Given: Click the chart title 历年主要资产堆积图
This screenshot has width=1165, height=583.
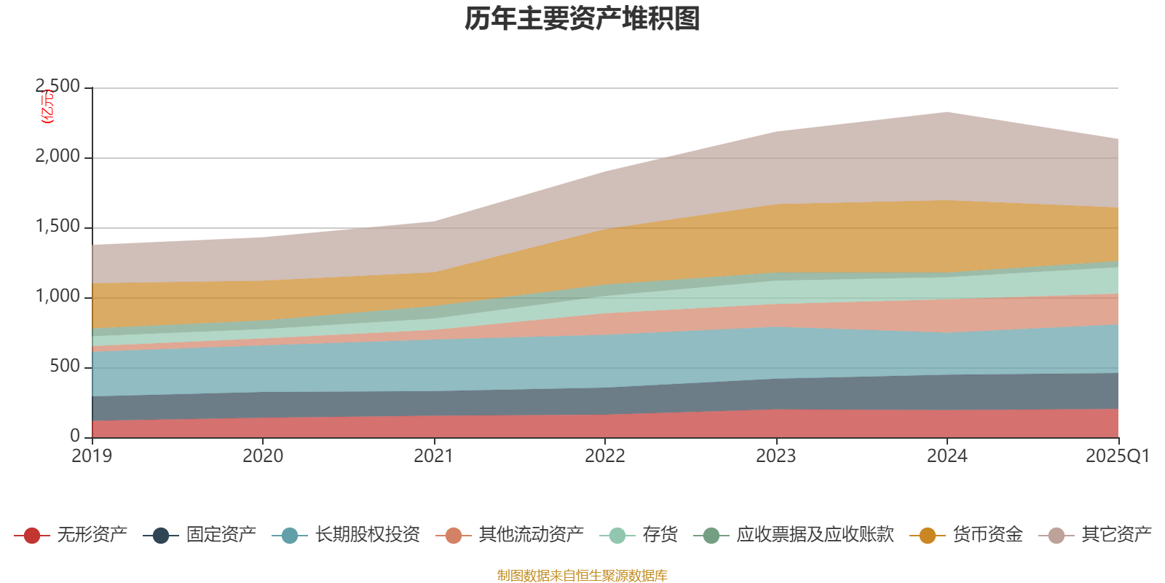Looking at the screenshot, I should coord(582,19).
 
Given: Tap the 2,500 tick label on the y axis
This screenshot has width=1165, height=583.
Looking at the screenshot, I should coord(58,87).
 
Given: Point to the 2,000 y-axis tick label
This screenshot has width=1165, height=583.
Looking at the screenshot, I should coord(58,157).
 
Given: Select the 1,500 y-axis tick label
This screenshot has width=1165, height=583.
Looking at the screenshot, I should coord(58,227).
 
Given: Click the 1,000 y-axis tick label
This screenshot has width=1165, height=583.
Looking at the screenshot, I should coord(58,297).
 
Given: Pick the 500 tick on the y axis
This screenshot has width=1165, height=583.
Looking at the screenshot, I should coord(65,367).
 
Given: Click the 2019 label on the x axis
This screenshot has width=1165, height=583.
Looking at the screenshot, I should coord(92,456).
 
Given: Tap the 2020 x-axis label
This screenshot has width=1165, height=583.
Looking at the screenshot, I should coord(263,456).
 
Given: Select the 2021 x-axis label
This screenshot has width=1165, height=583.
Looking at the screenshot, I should coord(434,456).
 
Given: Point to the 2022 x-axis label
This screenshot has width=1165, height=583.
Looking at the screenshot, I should coord(605,456).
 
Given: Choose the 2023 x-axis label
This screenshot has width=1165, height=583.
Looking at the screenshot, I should coord(776,456).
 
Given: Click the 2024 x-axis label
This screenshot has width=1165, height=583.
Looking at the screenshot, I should coord(947,456).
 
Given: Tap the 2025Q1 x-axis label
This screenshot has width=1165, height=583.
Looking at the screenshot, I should coord(1117,456).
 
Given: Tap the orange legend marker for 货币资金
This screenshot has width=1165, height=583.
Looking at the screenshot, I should coord(928,536).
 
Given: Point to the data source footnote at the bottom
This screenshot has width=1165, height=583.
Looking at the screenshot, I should coord(582,576).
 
